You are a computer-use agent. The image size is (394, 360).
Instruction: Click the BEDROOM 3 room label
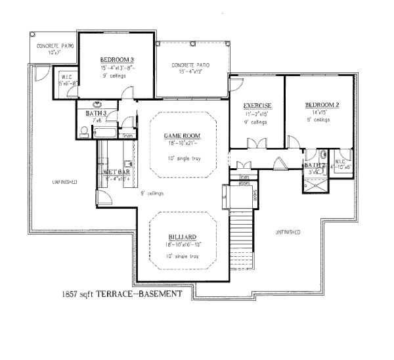coord(118,58)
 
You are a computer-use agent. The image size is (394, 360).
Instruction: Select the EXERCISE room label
coord(257,106)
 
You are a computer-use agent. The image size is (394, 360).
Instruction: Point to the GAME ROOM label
coord(181,135)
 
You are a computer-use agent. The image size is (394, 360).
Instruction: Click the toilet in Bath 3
coord(83,132)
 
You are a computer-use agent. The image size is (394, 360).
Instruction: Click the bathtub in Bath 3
coord(105,133)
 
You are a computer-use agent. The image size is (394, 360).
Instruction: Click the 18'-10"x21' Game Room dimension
coord(181,143)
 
